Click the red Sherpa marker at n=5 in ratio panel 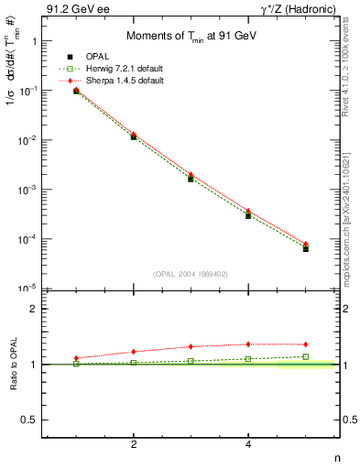coord(305,344)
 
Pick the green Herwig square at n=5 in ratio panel coord(305,356)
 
